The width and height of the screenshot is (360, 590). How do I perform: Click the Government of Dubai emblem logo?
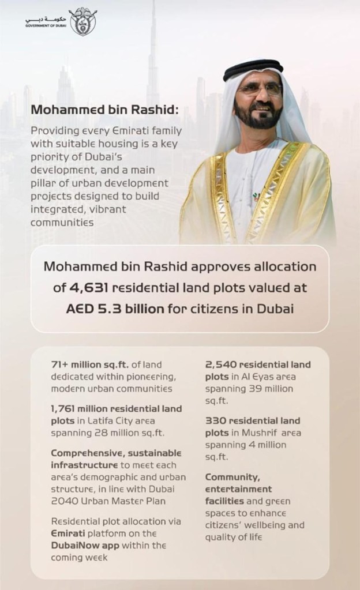click(83, 21)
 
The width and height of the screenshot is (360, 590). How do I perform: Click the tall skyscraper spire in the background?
click(153, 35)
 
